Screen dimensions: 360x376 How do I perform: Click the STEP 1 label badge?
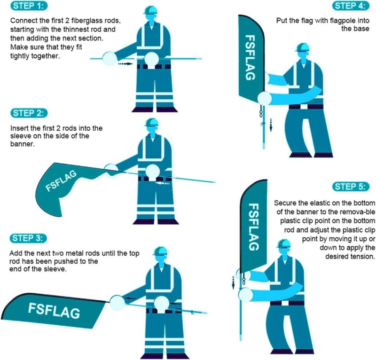click(x=29, y=6)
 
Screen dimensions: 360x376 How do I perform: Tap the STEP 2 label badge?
click(x=29, y=113)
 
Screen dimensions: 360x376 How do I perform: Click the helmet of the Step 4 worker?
click(x=303, y=47)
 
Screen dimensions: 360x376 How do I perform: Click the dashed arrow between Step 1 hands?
click(x=125, y=63)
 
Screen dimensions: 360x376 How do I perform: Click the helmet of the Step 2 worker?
click(x=151, y=123)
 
